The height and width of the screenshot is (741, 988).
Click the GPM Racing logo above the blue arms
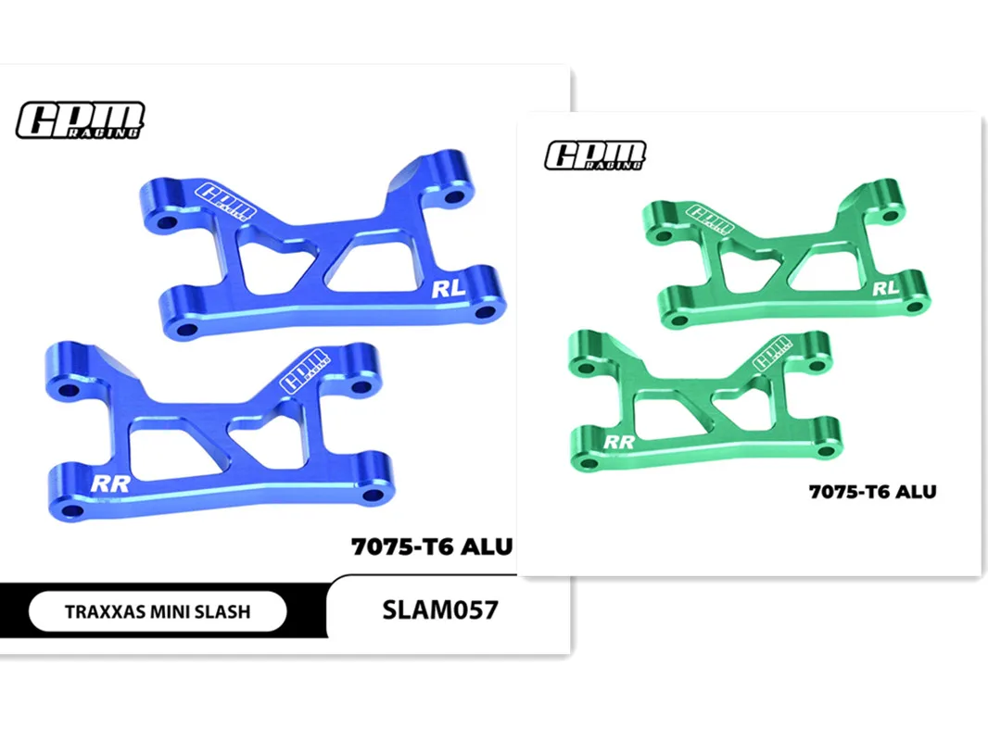tap(80, 120)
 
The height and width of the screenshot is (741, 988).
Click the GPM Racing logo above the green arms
tap(595, 156)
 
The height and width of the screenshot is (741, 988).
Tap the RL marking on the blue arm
tap(448, 290)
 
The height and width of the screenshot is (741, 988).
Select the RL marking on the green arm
tap(886, 288)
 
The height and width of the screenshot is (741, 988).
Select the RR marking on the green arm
tap(618, 442)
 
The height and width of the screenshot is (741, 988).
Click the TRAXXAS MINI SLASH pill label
tap(158, 611)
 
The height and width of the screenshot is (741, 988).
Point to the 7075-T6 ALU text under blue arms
tap(431, 546)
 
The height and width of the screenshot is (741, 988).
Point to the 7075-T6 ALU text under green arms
tap(872, 492)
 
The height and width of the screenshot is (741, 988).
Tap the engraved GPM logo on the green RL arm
tap(713, 217)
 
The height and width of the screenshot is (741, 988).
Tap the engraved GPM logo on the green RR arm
tap(772, 353)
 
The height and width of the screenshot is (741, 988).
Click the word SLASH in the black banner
tap(222, 611)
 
